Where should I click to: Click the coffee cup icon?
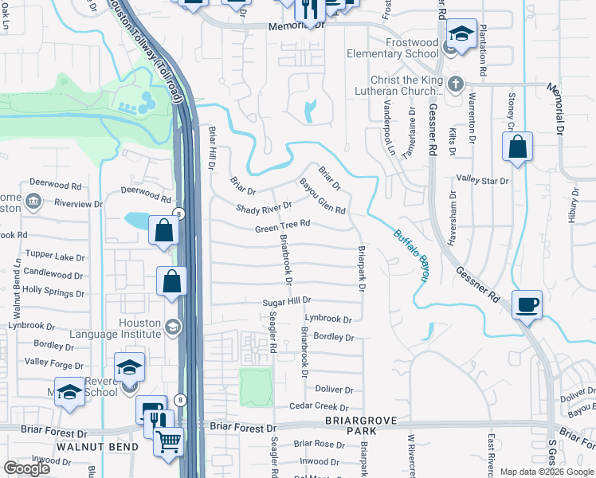click(527, 304)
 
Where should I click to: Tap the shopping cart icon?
click(168, 441)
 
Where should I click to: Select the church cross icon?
click(455, 84)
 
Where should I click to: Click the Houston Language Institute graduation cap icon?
click(172, 327)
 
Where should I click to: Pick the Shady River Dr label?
click(265, 209)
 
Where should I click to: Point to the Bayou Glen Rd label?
click(323, 196)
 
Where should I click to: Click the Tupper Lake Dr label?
click(54, 257)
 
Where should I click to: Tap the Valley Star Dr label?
click(481, 181)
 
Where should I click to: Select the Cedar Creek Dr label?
click(321, 406)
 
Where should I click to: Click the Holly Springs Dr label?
click(53, 292)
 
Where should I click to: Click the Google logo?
click(26, 468)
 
